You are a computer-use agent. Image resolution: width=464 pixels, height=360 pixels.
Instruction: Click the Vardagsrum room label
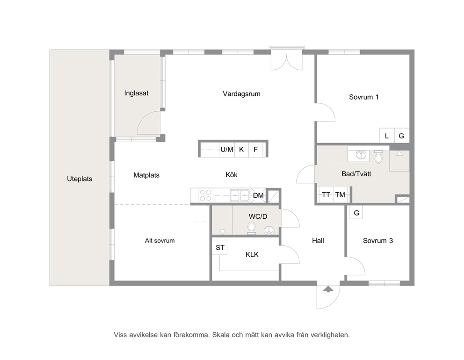(x=241, y=94)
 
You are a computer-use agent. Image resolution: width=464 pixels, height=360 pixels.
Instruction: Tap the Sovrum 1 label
(x=364, y=97)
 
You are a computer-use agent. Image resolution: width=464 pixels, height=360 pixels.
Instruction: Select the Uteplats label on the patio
(x=80, y=179)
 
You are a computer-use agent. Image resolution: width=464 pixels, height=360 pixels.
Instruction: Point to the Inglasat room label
(x=136, y=93)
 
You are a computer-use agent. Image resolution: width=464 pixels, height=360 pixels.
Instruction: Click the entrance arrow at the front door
(x=328, y=289)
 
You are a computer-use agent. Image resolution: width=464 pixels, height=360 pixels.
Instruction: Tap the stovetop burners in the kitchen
(x=205, y=195)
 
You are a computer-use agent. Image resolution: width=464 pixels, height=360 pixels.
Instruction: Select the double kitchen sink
(x=239, y=195)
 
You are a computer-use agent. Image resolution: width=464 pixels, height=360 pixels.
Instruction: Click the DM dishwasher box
(x=258, y=195)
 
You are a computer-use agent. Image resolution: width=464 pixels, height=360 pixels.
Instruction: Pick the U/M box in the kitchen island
(x=227, y=150)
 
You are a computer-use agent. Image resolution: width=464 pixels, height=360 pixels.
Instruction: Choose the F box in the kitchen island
(x=256, y=150)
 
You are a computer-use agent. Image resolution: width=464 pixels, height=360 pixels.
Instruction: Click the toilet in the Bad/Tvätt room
(x=378, y=157)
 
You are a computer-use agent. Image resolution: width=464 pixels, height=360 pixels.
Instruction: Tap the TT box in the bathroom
(x=326, y=194)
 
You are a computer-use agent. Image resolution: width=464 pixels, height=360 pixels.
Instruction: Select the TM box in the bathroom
(x=341, y=194)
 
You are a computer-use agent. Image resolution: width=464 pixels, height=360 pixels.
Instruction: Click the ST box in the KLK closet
(x=220, y=248)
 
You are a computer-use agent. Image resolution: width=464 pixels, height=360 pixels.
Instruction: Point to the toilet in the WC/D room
(x=252, y=228)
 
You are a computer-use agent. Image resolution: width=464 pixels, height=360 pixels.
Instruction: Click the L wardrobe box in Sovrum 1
(x=387, y=136)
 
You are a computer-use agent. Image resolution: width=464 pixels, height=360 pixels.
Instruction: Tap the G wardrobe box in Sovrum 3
(x=356, y=212)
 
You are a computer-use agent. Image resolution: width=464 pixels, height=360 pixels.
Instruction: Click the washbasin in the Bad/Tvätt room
(x=360, y=155)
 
